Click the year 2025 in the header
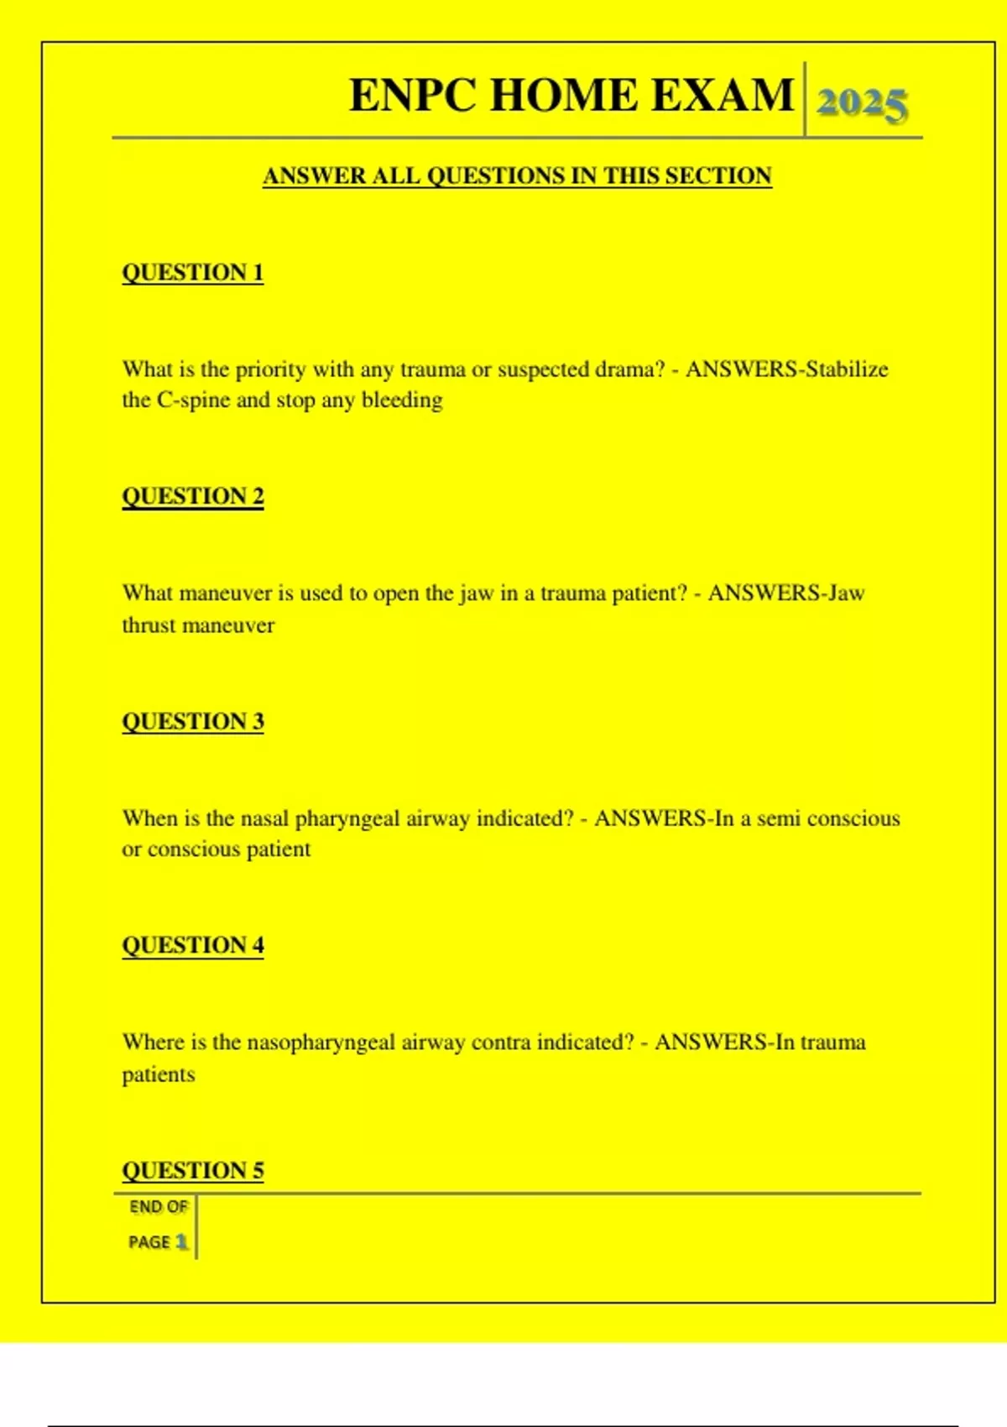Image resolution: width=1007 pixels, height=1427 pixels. [862, 104]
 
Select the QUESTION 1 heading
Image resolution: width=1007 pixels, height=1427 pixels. [193, 273]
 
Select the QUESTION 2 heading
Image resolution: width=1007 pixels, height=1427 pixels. [193, 496]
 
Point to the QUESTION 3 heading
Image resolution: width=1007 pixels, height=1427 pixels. [193, 721]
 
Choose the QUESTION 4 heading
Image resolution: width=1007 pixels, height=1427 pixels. [193, 945]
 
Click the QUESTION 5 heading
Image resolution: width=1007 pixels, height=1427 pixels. [193, 1170]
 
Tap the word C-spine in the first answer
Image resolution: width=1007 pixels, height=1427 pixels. [193, 400]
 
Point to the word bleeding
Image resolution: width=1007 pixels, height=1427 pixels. [402, 401]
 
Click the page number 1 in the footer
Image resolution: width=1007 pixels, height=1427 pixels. [182, 1241]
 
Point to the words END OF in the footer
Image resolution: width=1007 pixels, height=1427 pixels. [159, 1207]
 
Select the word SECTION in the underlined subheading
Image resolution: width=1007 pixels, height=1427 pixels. [718, 176]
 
